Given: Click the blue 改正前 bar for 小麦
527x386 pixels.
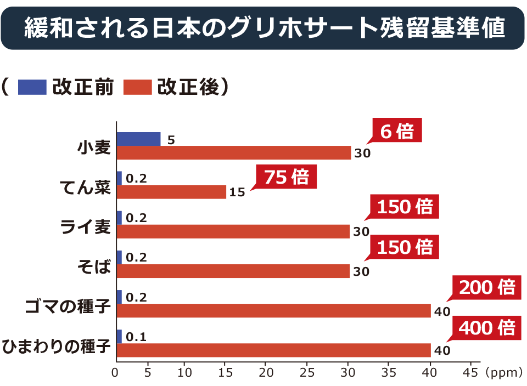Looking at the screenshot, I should (138, 139).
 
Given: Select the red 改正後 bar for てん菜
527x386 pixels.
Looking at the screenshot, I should (171, 192).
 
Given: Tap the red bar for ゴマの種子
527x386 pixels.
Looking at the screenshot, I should (273, 311).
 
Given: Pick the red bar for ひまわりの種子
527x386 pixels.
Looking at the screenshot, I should (273, 350).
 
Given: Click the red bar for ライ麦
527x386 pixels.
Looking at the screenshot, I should (233, 231).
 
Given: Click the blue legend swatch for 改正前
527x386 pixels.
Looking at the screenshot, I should (32, 87).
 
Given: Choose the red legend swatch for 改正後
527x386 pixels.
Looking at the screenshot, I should (138, 87).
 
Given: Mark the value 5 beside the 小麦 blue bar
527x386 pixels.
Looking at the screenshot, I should (171, 140).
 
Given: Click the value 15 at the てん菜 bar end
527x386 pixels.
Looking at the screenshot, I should (237, 193).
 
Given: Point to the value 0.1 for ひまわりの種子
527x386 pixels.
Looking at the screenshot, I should (136, 337).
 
